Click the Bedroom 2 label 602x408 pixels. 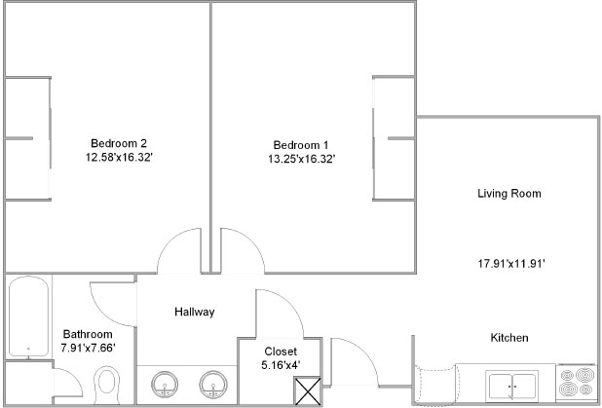[x=119, y=143]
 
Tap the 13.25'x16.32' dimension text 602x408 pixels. [x=302, y=159]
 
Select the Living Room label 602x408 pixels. [x=509, y=193]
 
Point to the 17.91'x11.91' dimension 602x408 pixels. [x=511, y=264]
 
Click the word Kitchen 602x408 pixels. [x=509, y=338]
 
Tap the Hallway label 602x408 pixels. [x=194, y=312]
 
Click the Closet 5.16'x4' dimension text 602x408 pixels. [x=281, y=364]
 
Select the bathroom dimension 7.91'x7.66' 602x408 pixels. [x=89, y=348]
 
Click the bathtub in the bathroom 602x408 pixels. [x=28, y=316]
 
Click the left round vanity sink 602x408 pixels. [x=165, y=385]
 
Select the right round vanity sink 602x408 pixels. [x=213, y=385]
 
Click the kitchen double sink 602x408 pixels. [x=511, y=386]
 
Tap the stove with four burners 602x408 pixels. [x=577, y=383]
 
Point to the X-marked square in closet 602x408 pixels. [x=308, y=390]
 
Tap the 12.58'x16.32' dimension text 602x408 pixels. [x=119, y=158]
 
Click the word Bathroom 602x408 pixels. [x=88, y=334]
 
